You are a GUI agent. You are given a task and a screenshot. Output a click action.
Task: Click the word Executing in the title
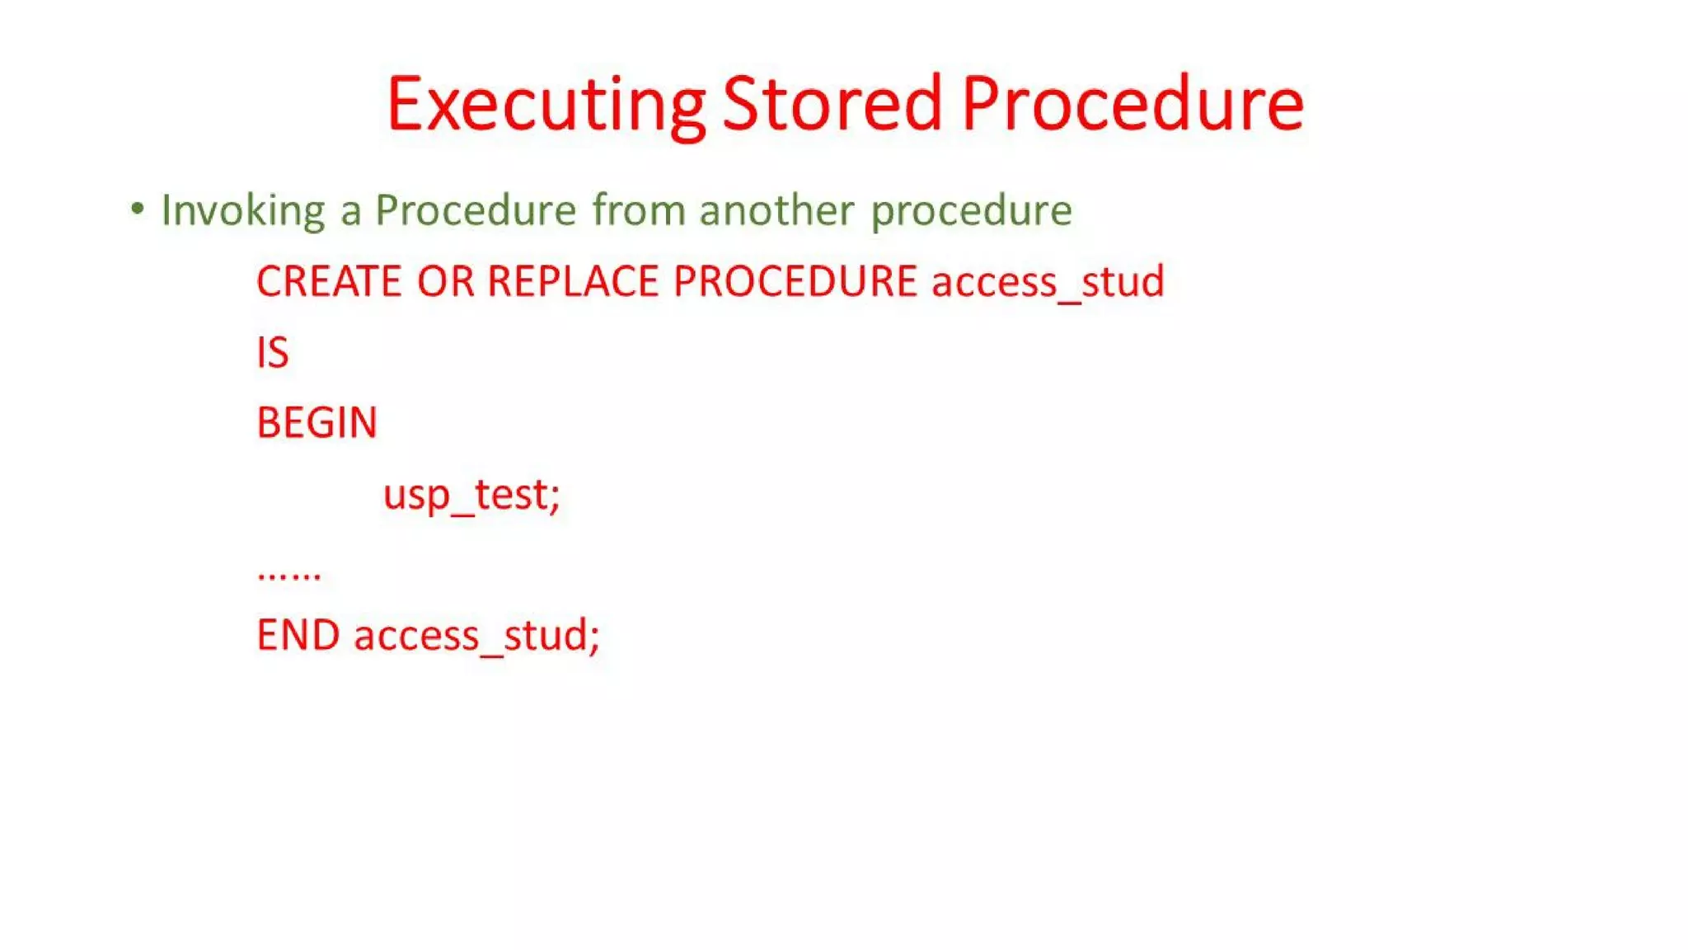pos(546,105)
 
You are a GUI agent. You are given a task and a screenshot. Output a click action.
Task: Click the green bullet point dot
pos(138,209)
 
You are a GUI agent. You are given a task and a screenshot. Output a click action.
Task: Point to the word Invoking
pos(243,210)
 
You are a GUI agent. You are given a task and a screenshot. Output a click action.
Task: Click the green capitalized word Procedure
pos(475,209)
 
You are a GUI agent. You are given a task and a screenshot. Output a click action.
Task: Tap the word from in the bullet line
pos(639,209)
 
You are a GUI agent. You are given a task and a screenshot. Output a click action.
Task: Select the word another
pos(776,209)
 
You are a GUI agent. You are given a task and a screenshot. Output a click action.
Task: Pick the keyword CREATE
pos(329,281)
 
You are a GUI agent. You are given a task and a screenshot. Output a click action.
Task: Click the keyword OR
pos(445,281)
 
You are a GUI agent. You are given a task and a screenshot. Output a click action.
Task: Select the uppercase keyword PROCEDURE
pos(795,281)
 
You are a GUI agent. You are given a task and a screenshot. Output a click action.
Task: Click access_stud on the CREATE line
pos(1048,282)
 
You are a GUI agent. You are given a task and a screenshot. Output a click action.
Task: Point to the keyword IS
pos(273,352)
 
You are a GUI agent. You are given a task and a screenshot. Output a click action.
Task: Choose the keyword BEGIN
pos(316,423)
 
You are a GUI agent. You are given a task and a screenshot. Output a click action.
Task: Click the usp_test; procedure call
pos(471,495)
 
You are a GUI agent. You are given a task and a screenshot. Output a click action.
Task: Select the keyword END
pos(298,635)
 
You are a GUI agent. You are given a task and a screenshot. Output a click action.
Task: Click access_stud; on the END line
pos(476,636)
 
